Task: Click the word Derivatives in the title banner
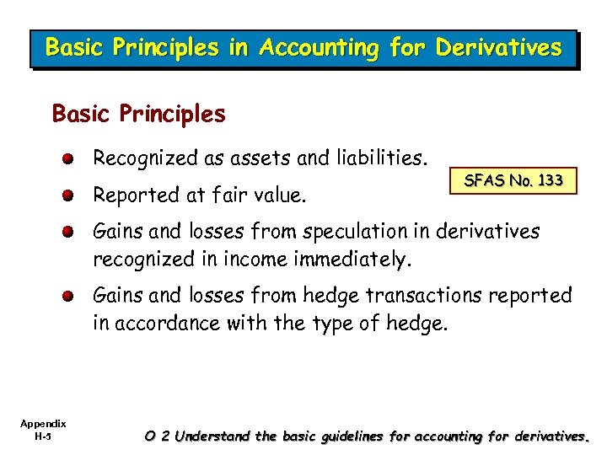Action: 497,48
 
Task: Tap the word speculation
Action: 345,231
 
